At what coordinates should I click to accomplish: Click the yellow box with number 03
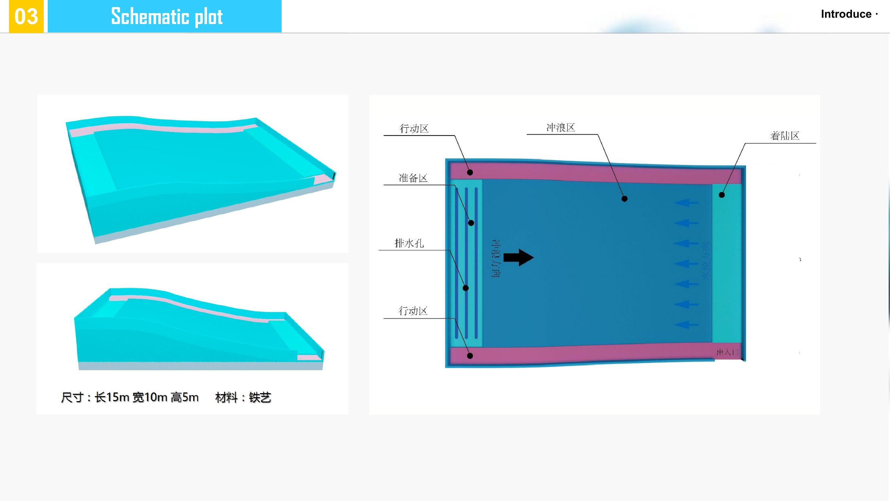click(26, 16)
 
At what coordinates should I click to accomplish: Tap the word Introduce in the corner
click(846, 14)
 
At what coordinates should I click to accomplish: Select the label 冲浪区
click(560, 128)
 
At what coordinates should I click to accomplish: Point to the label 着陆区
click(785, 136)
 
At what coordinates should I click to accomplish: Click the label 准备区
click(413, 178)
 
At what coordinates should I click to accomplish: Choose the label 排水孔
click(409, 243)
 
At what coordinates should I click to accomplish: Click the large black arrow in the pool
click(519, 258)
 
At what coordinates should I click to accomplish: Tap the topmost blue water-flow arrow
click(686, 203)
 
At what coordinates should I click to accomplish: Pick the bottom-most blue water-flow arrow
click(686, 325)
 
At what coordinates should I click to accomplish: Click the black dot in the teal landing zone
click(722, 195)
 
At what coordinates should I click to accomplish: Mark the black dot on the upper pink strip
click(470, 172)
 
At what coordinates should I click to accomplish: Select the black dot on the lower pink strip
click(470, 355)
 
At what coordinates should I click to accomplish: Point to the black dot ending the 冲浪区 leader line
click(625, 199)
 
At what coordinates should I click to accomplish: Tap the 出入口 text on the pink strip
click(727, 352)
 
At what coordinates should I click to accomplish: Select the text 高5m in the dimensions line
click(185, 397)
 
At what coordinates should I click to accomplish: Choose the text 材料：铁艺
click(243, 397)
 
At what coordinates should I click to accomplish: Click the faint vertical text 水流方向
click(706, 261)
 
